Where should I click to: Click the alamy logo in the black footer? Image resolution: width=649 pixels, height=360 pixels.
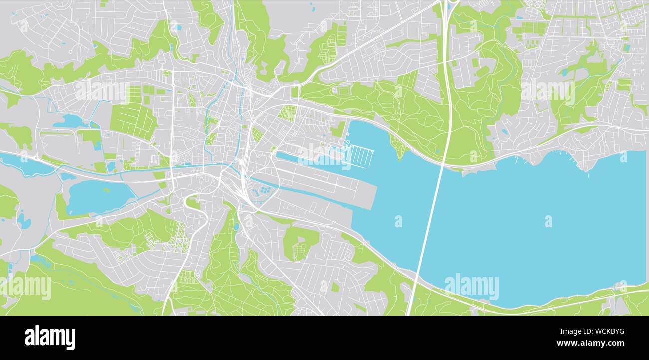click(x=50, y=338)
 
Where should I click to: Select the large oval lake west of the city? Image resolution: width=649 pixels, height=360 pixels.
click(x=97, y=196)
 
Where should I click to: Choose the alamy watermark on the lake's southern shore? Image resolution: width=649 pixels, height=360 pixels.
click(x=471, y=287)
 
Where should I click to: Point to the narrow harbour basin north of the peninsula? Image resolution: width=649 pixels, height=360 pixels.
click(x=310, y=159)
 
